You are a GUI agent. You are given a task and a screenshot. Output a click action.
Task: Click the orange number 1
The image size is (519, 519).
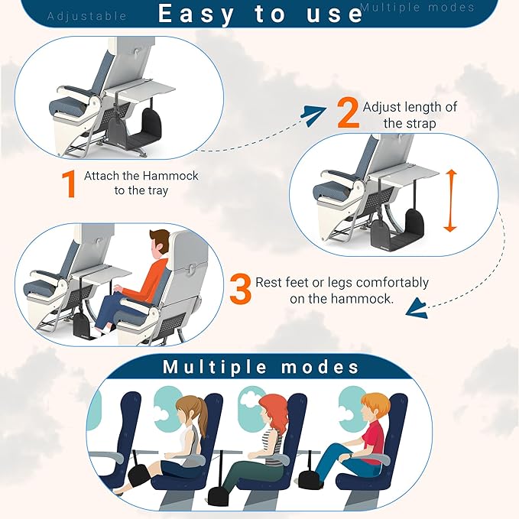[x=68, y=184]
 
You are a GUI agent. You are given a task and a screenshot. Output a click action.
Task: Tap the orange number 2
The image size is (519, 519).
[x=348, y=113]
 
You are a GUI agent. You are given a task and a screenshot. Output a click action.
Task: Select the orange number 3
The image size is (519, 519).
[x=240, y=290]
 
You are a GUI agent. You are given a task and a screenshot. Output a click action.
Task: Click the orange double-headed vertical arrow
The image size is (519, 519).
[x=450, y=201]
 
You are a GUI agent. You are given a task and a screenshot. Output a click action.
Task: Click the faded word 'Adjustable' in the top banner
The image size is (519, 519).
[x=87, y=15]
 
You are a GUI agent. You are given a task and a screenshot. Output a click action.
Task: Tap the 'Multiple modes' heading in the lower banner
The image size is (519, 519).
[x=261, y=367]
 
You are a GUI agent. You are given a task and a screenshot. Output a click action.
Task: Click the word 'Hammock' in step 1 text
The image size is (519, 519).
[x=172, y=176]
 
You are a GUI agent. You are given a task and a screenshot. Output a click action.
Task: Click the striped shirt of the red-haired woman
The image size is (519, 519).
[x=271, y=444]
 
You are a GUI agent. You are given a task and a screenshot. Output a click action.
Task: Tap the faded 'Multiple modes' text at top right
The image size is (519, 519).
[x=417, y=8]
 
